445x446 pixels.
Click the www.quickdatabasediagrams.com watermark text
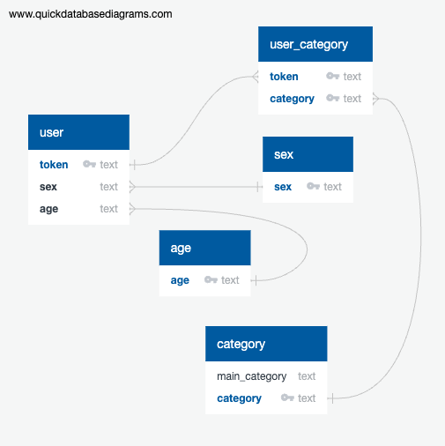91,14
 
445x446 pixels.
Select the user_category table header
315,44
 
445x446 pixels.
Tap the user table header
78,132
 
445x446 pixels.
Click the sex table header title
284,154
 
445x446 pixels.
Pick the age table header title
181,249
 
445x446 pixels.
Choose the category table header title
241,345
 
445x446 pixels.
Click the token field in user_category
284,77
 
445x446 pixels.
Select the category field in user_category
292,99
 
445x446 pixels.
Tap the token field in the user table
54,165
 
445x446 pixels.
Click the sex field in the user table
48,187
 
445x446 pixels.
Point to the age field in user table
48,209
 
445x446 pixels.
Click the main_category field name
252,376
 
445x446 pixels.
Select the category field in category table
239,398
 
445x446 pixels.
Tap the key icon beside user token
89,164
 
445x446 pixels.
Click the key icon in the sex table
313,186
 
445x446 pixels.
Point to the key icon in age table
211,279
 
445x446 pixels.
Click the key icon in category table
287,398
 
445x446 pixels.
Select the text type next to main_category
307,376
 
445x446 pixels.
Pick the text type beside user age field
108,209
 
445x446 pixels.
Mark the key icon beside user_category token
333,76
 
